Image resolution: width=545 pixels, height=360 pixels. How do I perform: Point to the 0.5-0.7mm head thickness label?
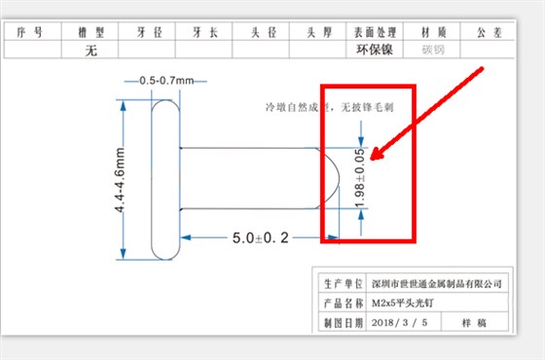pyautogui.click(x=167, y=80)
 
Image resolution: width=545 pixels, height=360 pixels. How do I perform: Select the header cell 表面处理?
pyautogui.click(x=376, y=32)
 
